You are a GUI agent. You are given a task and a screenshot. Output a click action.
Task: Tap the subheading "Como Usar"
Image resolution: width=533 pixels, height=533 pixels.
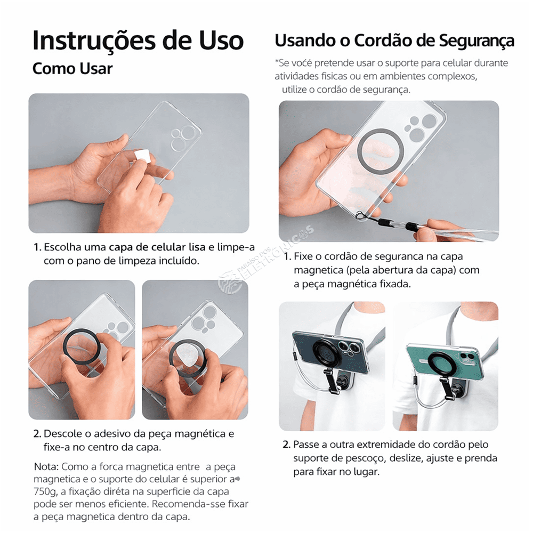pos(72,69)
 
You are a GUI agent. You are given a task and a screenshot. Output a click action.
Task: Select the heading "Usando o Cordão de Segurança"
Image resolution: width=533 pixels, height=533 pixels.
pos(394,41)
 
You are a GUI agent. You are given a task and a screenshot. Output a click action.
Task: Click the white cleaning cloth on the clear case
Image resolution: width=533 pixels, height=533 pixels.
pos(142,156)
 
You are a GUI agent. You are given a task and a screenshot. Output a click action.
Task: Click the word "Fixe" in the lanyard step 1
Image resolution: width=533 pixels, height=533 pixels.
pos(303,256)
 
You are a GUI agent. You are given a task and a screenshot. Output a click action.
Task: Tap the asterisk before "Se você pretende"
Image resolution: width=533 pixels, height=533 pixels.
pos(277,61)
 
